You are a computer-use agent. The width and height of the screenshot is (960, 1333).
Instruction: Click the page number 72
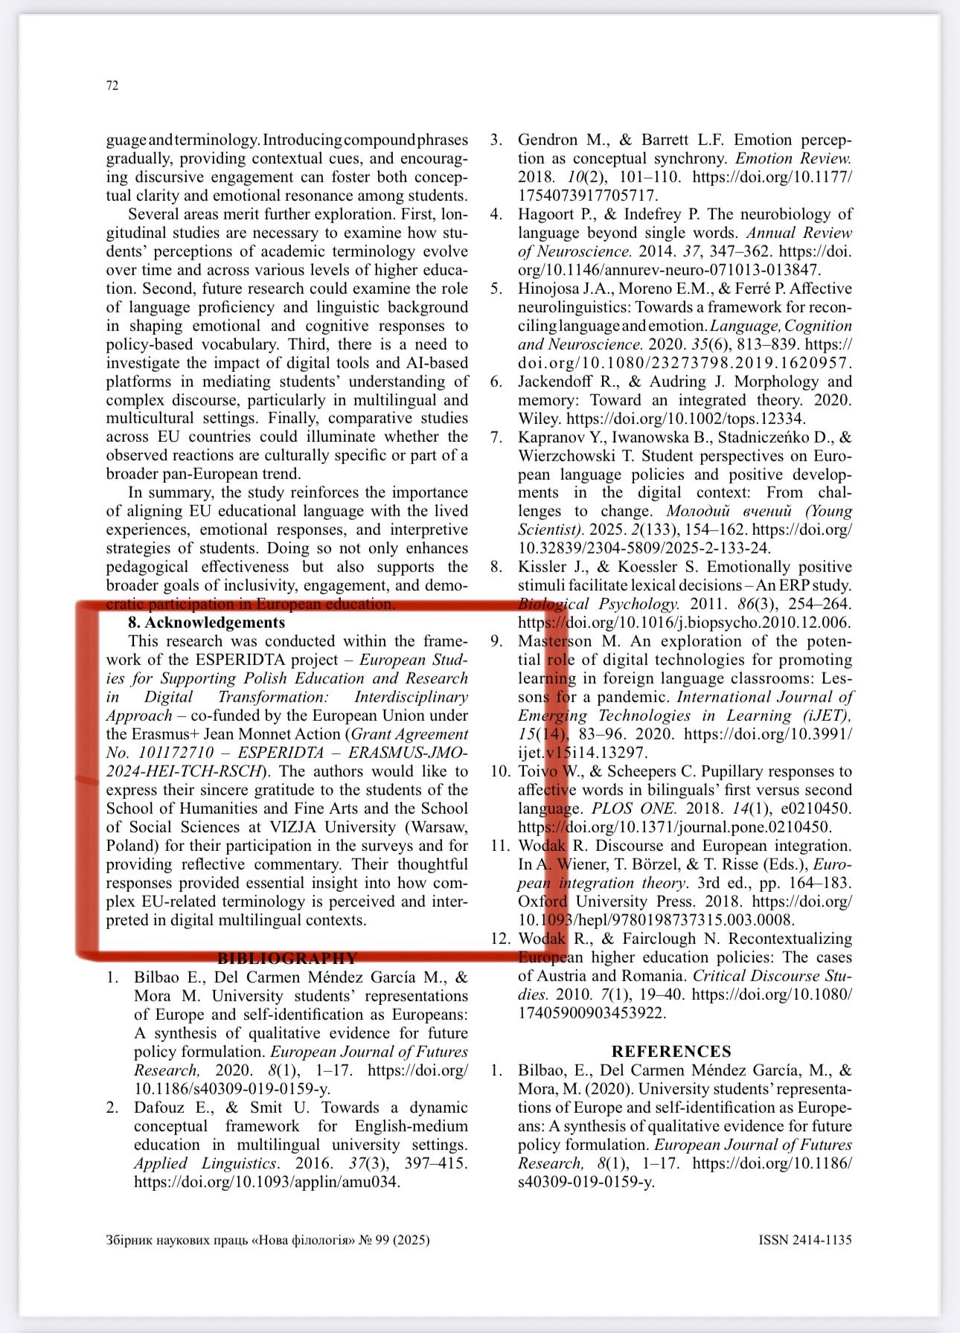point(112,86)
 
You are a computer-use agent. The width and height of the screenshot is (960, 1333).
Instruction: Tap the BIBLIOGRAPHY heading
point(287,958)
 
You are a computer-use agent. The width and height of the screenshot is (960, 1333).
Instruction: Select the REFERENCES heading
point(671,1051)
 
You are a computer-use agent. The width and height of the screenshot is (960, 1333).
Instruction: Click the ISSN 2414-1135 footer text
point(804,1240)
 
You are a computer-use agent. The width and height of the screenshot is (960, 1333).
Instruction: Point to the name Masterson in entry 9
point(555,641)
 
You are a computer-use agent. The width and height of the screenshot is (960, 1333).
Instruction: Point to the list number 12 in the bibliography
point(499,939)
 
